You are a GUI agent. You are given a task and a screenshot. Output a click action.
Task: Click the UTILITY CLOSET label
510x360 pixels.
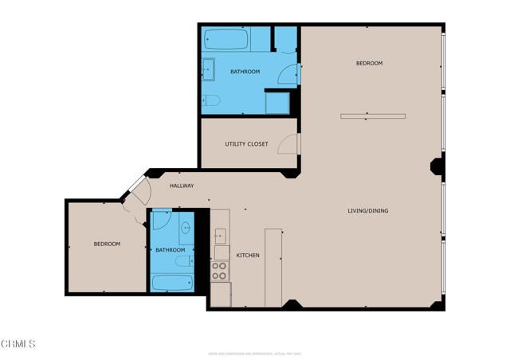pos(246,144)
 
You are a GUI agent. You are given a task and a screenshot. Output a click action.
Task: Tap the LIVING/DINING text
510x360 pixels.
pos(367,211)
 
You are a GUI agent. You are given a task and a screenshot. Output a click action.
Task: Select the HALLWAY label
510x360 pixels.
pos(182,186)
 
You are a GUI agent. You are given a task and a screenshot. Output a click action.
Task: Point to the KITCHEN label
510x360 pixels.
pos(248,256)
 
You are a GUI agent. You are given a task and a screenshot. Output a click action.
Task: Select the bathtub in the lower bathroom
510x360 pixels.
pos(172,283)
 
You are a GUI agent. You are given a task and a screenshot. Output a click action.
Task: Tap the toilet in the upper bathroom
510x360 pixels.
pos(211,100)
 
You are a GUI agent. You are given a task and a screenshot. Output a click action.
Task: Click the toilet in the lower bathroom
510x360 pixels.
pos(183,261)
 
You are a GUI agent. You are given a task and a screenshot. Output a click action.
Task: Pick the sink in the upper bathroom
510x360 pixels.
pos(208,69)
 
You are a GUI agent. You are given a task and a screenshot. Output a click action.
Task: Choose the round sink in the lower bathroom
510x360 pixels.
pos(185,229)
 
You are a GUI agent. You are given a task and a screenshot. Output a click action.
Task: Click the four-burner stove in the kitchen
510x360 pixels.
pos(220,270)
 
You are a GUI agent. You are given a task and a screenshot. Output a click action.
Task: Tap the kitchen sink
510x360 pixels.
pos(220,236)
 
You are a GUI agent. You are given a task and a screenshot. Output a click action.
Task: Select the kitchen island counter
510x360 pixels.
pos(273,266)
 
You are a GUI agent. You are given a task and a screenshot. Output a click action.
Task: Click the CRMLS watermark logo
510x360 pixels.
pos(18,343)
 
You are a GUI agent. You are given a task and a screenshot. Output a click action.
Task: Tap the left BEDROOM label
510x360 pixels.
pos(107,245)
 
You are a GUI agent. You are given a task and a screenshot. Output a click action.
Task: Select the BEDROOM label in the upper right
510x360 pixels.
pos(369,63)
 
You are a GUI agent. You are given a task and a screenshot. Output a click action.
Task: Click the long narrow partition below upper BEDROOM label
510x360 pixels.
pos(373,116)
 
